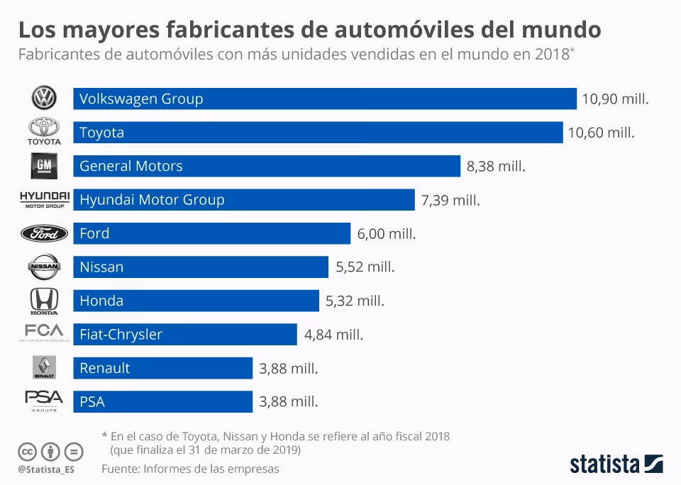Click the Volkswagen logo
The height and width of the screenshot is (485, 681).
tap(44, 99)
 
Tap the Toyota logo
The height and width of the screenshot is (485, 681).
tap(44, 131)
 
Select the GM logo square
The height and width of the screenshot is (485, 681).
tap(44, 166)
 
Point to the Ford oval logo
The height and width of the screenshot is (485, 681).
tap(44, 233)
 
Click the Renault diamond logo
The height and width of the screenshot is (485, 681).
tap(44, 367)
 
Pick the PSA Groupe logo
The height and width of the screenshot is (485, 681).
tap(44, 401)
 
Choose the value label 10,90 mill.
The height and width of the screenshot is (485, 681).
tap(615, 99)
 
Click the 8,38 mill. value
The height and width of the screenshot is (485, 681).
tap(496, 167)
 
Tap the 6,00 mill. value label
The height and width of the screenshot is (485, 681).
tap(386, 233)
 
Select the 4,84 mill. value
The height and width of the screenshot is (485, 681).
tap(333, 335)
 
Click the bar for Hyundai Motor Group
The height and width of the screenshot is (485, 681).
tap(243, 200)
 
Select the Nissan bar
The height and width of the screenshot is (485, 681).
tap(200, 267)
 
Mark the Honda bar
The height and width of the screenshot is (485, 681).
tap(196, 301)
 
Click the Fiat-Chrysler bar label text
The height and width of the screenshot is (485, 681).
tap(121, 334)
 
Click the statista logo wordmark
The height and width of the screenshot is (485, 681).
tap(604, 464)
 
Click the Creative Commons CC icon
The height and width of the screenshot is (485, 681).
tap(27, 451)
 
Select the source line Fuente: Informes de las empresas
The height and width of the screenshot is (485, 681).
tap(190, 469)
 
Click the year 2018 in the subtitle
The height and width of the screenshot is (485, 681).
tap(546, 55)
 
